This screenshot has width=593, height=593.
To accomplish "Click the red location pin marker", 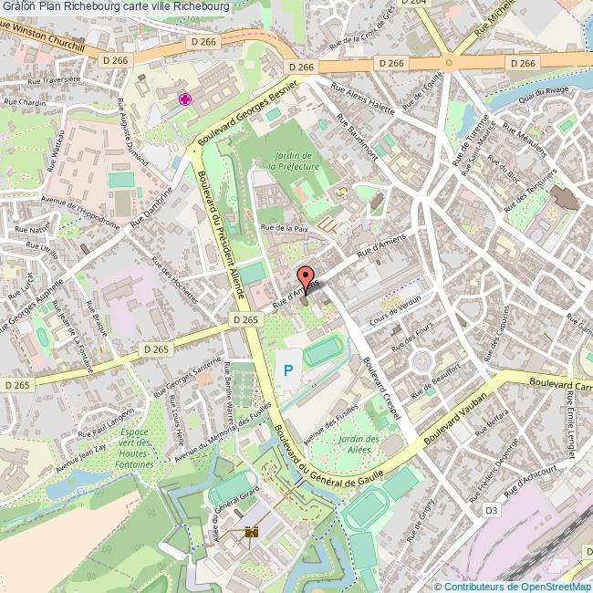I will pos(306,280).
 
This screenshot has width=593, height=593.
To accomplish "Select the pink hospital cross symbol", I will pos(185,100).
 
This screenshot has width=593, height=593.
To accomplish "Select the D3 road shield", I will pos(492,510).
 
